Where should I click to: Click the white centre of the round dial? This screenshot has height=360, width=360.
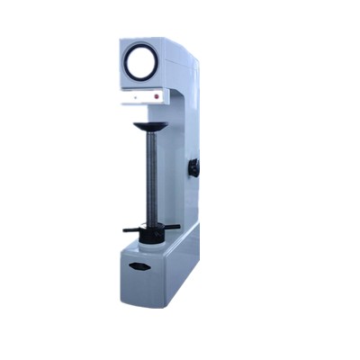pos(140,62)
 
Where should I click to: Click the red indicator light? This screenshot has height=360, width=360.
pos(157,94)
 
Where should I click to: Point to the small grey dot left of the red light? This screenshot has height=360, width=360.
pos(135,94)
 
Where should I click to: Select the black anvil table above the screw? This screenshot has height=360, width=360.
pos(150,127)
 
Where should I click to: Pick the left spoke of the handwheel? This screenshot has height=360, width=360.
pos(131,229)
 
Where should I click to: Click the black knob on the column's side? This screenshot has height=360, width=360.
pos(193,168)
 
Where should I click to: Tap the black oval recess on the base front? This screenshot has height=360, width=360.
pos(139,266)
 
